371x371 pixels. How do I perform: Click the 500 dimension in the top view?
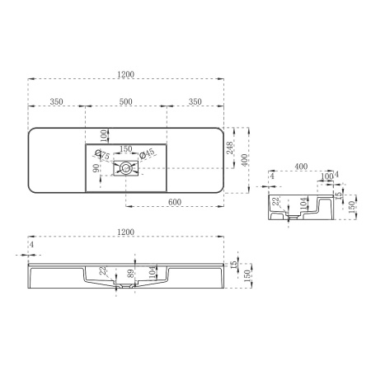point(126,101)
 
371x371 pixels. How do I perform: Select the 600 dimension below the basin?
point(175,200)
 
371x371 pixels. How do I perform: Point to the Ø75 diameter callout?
point(103,155)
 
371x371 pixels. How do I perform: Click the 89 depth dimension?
point(130,274)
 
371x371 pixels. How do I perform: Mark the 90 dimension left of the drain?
point(96,168)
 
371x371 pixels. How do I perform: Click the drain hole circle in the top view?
point(125,168)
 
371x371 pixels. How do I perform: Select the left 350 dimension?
point(57,101)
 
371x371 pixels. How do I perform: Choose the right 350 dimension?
point(195,101)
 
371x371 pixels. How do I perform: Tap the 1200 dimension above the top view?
point(125,74)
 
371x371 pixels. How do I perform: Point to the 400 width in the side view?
point(301,167)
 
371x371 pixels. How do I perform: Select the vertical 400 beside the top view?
point(244,160)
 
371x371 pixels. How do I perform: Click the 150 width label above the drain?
point(126,149)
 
